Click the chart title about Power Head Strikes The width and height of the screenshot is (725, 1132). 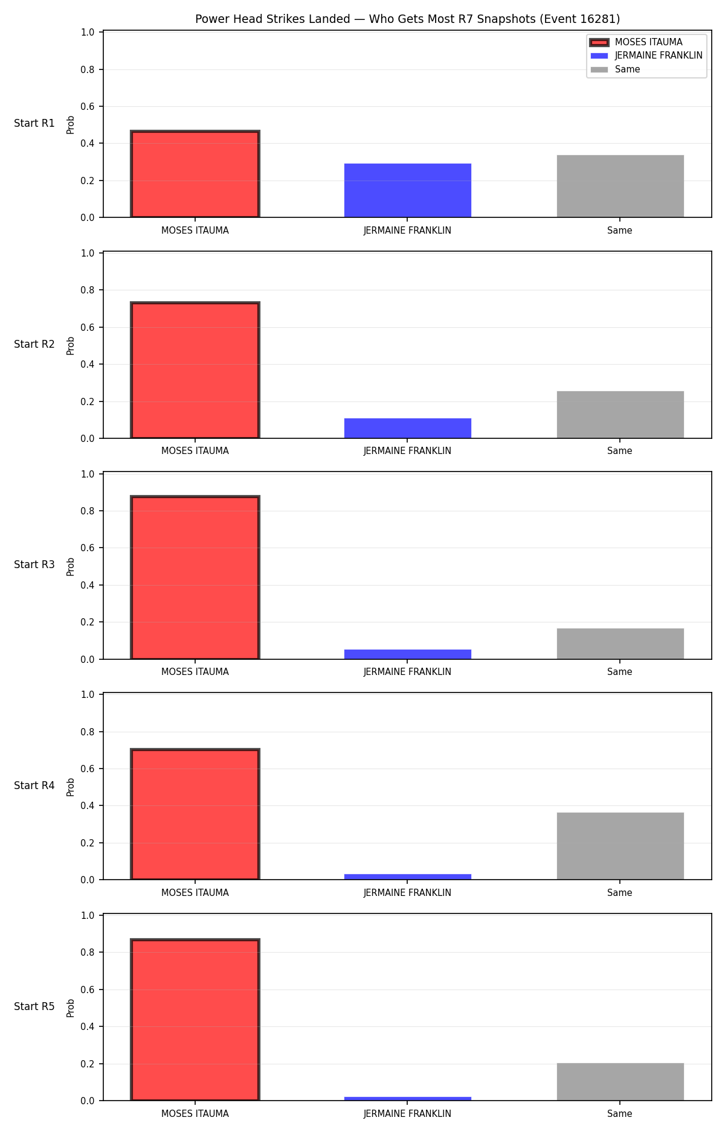pyautogui.click(x=407, y=19)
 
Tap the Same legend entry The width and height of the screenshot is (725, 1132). pyautogui.click(x=616, y=69)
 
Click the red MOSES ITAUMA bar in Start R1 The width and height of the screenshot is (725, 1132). pyautogui.click(x=195, y=174)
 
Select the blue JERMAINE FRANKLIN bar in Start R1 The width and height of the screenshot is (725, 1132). pyautogui.click(x=408, y=190)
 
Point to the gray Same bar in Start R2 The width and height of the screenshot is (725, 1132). pyautogui.click(x=620, y=415)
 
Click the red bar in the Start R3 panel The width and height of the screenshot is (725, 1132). pyautogui.click(x=195, y=578)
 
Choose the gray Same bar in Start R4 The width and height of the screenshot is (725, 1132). pyautogui.click(x=620, y=846)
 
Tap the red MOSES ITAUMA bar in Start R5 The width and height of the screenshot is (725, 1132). pyautogui.click(x=195, y=1020)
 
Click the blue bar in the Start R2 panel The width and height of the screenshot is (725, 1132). pyautogui.click(x=408, y=428)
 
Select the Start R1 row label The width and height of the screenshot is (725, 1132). pyautogui.click(x=34, y=123)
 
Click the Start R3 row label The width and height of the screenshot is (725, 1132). pyautogui.click(x=34, y=564)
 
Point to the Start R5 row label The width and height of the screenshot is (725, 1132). pyautogui.click(x=34, y=1006)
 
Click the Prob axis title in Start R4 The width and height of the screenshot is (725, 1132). pyautogui.click(x=71, y=787)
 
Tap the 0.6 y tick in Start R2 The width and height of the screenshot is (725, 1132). pyautogui.click(x=88, y=327)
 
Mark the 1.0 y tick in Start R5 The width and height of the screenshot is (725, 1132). pyautogui.click(x=88, y=915)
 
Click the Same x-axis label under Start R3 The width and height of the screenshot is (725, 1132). pyautogui.click(x=620, y=672)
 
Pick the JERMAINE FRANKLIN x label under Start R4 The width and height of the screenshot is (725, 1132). pyautogui.click(x=407, y=893)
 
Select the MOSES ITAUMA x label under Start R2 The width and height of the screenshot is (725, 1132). pyautogui.click(x=195, y=451)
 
